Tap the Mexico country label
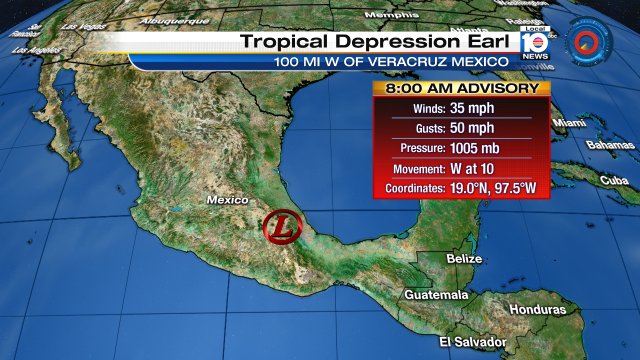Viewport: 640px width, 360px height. pyautogui.click(x=227, y=200)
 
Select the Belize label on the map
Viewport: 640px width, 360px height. pyautogui.click(x=464, y=259)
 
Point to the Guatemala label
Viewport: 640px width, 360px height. pyautogui.click(x=437, y=295)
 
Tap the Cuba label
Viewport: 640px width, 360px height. pyautogui.click(x=614, y=180)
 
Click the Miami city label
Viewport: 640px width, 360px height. pyautogui.click(x=569, y=123)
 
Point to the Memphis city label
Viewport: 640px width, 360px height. pyautogui.click(x=391, y=16)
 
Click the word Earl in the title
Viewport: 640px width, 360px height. pyautogui.click(x=487, y=42)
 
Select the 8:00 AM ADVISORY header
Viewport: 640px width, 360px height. pyautogui.click(x=462, y=88)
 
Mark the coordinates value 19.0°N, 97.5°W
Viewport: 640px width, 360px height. pyautogui.click(x=497, y=188)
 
